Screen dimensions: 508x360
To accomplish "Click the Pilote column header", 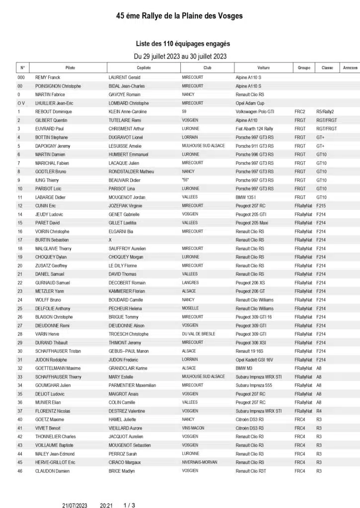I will (x=70, y=67).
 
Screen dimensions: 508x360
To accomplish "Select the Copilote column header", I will (x=144, y=67).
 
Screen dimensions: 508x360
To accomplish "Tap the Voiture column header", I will (x=264, y=67).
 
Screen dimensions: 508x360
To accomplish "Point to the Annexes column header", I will (x=350, y=67).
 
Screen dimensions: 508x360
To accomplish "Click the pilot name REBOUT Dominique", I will (x=54, y=112).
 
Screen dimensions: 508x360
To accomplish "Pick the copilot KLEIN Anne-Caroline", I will (x=128, y=112).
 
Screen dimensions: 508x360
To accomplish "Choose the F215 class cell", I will (x=321, y=205).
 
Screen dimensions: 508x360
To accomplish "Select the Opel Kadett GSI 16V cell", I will (x=254, y=359).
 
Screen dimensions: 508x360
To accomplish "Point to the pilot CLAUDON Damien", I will (x=53, y=470).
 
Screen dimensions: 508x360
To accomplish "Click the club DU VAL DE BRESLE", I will (x=199, y=334).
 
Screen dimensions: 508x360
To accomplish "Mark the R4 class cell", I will (x=319, y=411).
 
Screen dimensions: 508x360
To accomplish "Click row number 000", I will (x=21, y=77).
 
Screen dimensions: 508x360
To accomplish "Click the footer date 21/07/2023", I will (x=75, y=505).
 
